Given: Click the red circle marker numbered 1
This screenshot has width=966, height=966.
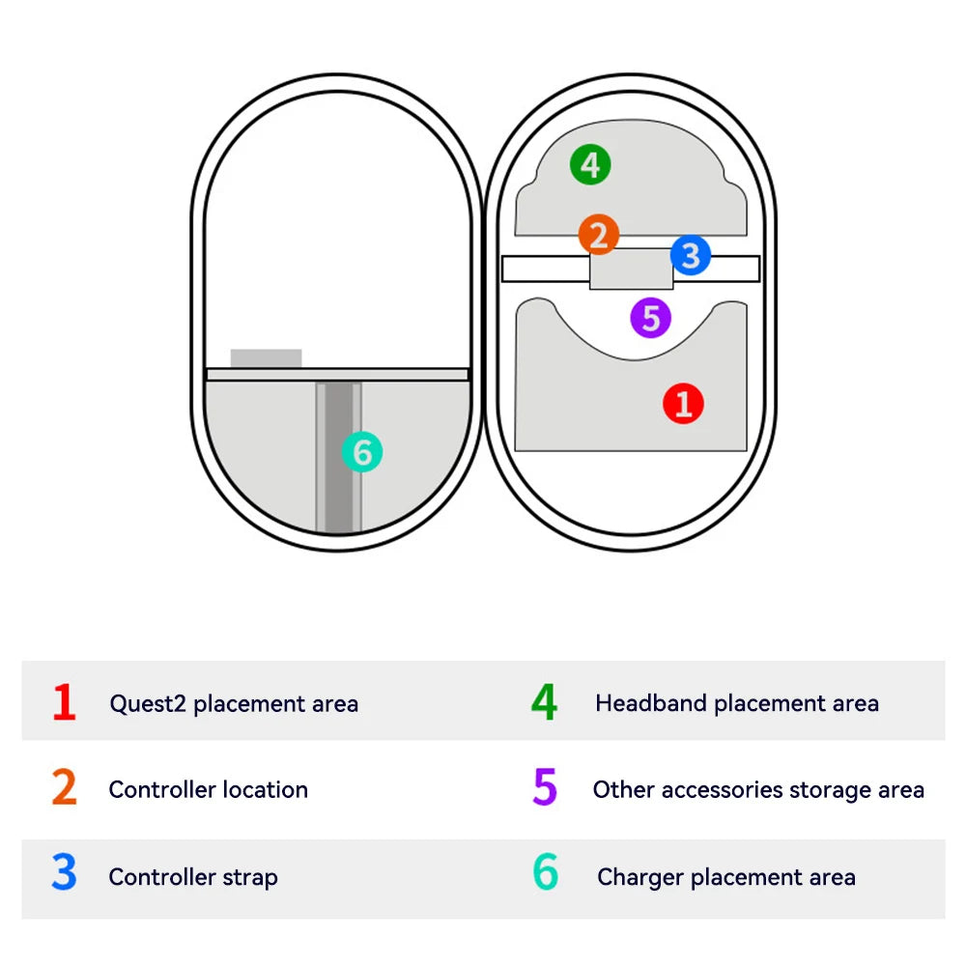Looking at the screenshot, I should click(683, 403).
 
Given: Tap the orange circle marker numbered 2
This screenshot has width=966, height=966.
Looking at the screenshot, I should click(599, 235).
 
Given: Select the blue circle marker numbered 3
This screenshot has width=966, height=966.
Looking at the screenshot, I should click(690, 256).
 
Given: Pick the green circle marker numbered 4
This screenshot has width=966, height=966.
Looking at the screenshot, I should click(590, 164).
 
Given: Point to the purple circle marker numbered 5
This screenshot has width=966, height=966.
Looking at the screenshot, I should click(650, 318).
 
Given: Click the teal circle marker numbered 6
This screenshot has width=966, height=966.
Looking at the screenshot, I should click(362, 452).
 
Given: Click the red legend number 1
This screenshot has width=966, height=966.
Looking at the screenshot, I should click(64, 702).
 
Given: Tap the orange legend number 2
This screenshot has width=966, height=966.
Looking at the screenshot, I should click(64, 789).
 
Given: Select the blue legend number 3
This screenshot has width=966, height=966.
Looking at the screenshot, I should click(64, 874).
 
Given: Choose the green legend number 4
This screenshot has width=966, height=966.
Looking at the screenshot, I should click(544, 702).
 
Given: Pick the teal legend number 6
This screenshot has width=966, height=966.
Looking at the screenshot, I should click(545, 874).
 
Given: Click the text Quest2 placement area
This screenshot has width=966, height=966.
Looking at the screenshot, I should click(234, 704).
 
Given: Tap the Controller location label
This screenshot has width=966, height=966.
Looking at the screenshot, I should click(208, 790).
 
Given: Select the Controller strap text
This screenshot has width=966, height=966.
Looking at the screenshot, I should click(193, 877).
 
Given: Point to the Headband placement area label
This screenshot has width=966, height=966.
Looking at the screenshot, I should click(737, 704).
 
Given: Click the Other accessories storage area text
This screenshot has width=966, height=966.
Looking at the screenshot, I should click(758, 790).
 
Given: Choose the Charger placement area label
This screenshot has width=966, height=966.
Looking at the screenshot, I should click(726, 877).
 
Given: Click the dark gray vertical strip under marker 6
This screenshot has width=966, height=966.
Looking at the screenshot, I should click(338, 502).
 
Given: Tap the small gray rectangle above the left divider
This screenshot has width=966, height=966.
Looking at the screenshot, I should click(266, 358).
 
